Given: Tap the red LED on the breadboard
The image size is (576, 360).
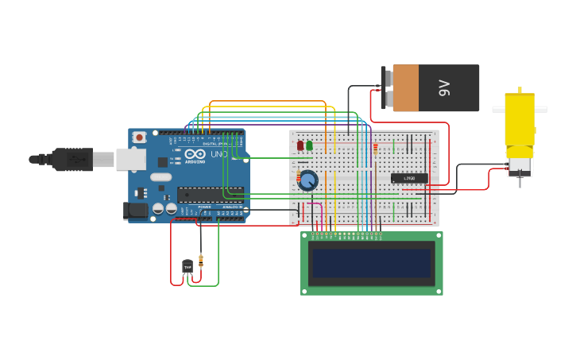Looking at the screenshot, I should click(300, 145).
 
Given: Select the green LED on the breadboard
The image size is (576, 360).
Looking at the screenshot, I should click(309, 145).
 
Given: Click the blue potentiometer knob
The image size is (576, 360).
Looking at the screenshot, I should click(307, 180).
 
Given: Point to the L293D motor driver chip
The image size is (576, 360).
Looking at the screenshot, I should click(408, 178).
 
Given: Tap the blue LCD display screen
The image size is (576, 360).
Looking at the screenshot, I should click(372, 263).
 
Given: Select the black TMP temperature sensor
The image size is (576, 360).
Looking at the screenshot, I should click(187, 267).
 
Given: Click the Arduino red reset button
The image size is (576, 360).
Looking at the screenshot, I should click(140, 137).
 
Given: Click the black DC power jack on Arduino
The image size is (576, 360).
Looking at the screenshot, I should click(136, 211).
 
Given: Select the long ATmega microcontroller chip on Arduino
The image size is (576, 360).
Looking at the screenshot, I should click(210, 194).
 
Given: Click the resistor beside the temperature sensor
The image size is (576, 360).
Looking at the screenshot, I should click(200, 259).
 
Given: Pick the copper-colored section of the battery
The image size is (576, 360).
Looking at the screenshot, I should click(405, 87).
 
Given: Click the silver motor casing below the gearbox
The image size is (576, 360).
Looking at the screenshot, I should click(520, 166).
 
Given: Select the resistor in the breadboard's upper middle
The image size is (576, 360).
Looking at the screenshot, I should click(375, 148).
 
